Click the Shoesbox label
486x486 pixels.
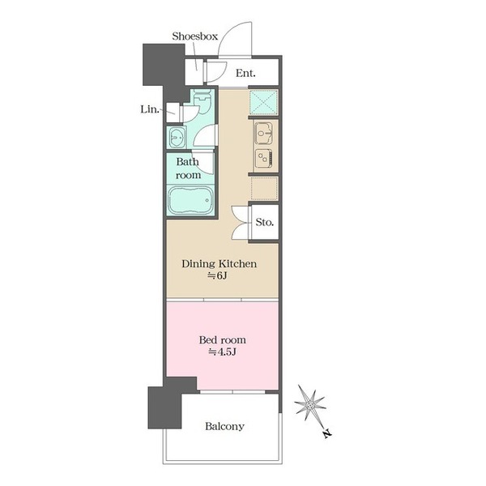pos(195,36)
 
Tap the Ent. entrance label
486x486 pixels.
pos(245,74)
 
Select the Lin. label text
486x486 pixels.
pos(150,109)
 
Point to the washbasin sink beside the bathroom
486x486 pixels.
pos(177,137)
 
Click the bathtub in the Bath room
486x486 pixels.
pos(190,200)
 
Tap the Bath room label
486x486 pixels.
pos(188,168)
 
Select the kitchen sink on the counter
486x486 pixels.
pos(263,134)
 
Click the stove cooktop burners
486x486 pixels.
pos(264,159)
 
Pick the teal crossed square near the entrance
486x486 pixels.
pos(263,103)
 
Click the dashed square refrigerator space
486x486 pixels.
pos(264,188)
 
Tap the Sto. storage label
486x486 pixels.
pos(265,222)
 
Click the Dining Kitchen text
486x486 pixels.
pos(220,264)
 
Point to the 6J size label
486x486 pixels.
pos(217,275)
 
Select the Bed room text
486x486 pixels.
pos(222,340)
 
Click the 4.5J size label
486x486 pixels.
pos(222,352)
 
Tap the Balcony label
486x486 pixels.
pos(224,427)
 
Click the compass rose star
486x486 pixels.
pos(310,405)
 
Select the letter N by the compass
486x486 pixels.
pos(327,433)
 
